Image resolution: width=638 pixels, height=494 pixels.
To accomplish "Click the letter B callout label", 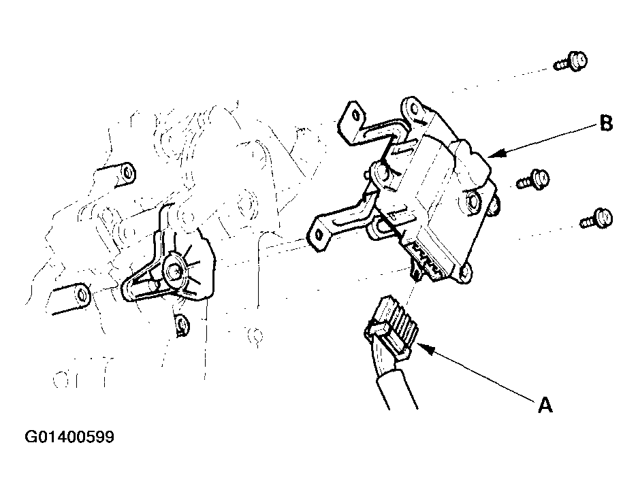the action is pyautogui.click(x=606, y=122).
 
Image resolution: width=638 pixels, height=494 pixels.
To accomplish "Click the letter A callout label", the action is pyautogui.click(x=545, y=405).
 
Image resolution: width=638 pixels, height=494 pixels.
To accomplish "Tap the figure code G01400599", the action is pyautogui.click(x=69, y=437).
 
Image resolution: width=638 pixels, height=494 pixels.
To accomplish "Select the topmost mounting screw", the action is pyautogui.click(x=571, y=62).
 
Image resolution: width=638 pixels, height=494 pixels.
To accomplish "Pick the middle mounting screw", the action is pyautogui.click(x=533, y=180).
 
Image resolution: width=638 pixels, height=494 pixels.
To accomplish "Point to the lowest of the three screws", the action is pyautogui.click(x=596, y=218).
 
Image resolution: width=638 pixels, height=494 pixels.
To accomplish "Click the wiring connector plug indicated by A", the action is pyautogui.click(x=392, y=327).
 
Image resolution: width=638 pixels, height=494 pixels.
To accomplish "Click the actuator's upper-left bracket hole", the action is pyautogui.click(x=356, y=116).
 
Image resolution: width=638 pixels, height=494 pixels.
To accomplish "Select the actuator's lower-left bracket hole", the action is pyautogui.click(x=319, y=235).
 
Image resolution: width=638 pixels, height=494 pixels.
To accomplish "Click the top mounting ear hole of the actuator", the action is pyautogui.click(x=414, y=108).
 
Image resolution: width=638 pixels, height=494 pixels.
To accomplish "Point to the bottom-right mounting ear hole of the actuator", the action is pyautogui.click(x=464, y=273).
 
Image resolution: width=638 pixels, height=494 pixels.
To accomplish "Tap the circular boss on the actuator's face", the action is pyautogui.click(x=473, y=201).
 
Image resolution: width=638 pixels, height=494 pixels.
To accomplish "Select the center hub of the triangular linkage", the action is pyautogui.click(x=174, y=271).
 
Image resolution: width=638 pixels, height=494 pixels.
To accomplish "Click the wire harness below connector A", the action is pyautogui.click(x=395, y=386).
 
